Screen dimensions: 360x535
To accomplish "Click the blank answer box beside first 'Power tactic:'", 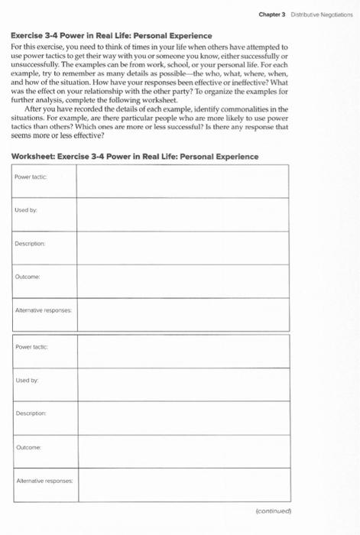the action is [182, 180].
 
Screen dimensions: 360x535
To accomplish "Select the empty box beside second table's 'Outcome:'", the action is [182, 449].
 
